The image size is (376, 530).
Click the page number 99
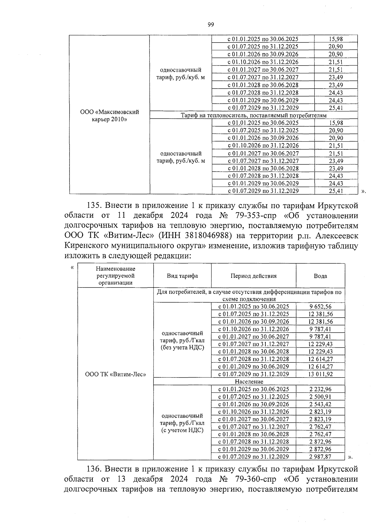pos(211,25)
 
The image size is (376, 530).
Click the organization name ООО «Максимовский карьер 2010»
pos(109,116)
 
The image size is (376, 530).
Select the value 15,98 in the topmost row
pos(336,39)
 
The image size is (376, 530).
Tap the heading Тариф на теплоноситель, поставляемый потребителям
pos(253,116)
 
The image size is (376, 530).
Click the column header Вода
pos(320,276)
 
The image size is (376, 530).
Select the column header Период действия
pos(253,276)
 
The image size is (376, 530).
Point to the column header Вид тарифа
pos(182,276)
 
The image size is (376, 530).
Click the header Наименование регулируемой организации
pos(116,276)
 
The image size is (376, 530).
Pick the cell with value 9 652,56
pos(320,307)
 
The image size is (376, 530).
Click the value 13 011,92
pos(320,374)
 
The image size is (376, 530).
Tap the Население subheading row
pos(249,382)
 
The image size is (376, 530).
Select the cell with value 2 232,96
pos(320,389)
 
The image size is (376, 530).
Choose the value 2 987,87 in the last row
pos(320,457)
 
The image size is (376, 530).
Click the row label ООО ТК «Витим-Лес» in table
pos(116,374)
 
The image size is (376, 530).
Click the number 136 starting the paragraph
pos(93,469)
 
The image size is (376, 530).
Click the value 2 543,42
pos(320,404)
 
